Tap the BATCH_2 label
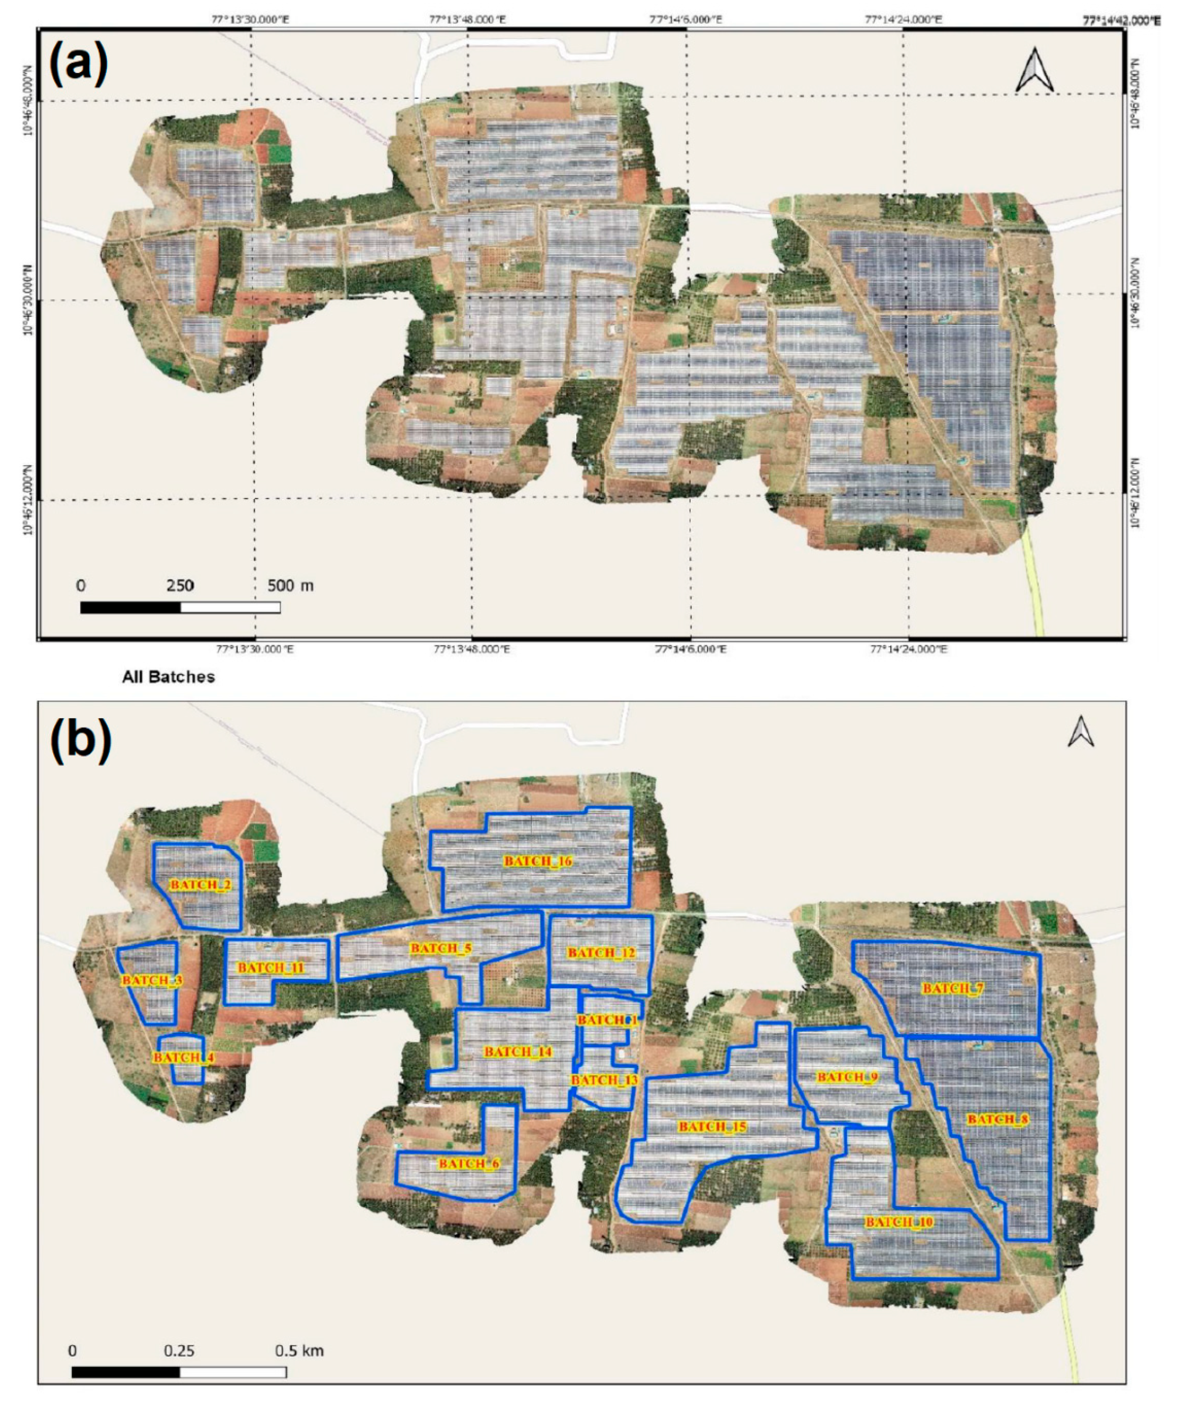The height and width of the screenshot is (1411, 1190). point(201,884)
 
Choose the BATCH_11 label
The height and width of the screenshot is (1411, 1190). point(271,968)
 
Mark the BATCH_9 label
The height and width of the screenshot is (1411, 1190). point(847,1077)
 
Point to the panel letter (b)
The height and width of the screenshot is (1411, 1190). point(81,741)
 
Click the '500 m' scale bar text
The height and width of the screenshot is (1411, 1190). point(290,585)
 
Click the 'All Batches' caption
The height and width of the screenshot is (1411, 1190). point(169,677)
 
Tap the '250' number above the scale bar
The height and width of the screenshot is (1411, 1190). point(180,585)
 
